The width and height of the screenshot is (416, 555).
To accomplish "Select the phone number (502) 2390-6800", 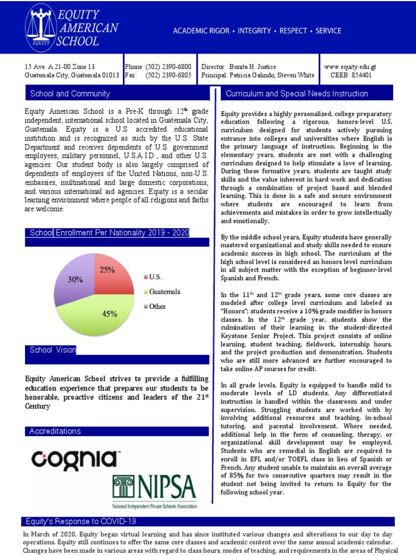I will (x=168, y=66).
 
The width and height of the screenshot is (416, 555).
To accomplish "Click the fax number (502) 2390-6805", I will (x=168, y=75).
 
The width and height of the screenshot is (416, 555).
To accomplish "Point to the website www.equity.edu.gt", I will (x=349, y=66).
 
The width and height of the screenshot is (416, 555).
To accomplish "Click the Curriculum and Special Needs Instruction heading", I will (x=297, y=94).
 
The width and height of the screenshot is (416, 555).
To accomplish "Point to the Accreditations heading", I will (x=55, y=431).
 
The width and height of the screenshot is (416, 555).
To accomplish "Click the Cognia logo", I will (x=75, y=460).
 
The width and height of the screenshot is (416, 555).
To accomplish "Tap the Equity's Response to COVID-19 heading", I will (x=81, y=521).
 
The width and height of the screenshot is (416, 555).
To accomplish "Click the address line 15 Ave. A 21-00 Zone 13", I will (x=60, y=66).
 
